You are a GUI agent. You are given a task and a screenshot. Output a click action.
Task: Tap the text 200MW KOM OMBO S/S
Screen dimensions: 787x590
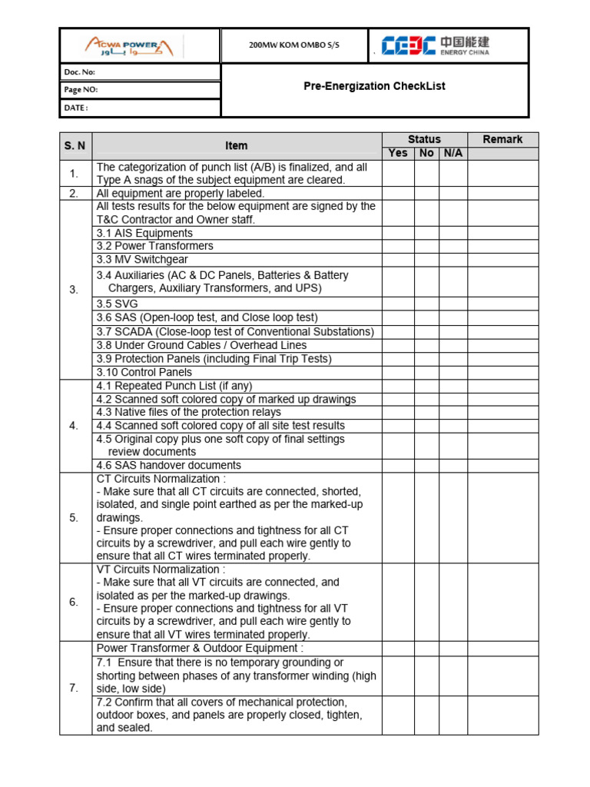coord(294,45)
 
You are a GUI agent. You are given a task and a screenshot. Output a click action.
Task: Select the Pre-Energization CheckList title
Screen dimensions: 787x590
coord(374,86)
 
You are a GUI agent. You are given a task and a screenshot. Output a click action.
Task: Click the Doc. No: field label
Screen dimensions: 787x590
coord(80,72)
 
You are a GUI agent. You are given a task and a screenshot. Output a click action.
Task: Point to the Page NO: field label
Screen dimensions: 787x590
coord(81,90)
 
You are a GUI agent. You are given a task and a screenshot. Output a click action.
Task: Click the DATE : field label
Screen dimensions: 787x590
coord(76,108)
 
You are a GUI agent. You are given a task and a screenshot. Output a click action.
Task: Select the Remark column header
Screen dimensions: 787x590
coord(502,139)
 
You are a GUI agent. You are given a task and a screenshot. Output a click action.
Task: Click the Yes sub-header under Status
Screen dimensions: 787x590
coord(398,153)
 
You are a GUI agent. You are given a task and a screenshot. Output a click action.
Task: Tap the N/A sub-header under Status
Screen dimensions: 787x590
coord(453,153)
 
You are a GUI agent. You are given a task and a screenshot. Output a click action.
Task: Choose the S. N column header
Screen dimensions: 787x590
coord(75,145)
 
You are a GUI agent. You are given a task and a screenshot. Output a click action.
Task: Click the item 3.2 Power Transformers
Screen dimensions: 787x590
coord(154,246)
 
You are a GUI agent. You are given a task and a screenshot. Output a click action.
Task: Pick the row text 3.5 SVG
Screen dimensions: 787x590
coord(118,304)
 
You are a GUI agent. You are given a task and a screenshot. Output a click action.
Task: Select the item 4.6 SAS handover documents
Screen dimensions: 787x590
coord(168,465)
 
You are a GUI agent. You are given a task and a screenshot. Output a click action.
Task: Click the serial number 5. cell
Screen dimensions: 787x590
coord(75,517)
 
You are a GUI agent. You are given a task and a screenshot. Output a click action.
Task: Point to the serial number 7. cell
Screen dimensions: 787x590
coord(75,688)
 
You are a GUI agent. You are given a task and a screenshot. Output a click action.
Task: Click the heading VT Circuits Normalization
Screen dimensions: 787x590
coord(161,569)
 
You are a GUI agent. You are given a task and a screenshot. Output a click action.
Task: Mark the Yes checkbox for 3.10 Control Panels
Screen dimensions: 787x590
coord(398,372)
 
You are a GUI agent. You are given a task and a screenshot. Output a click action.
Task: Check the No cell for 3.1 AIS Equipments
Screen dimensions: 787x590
coord(426,233)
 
